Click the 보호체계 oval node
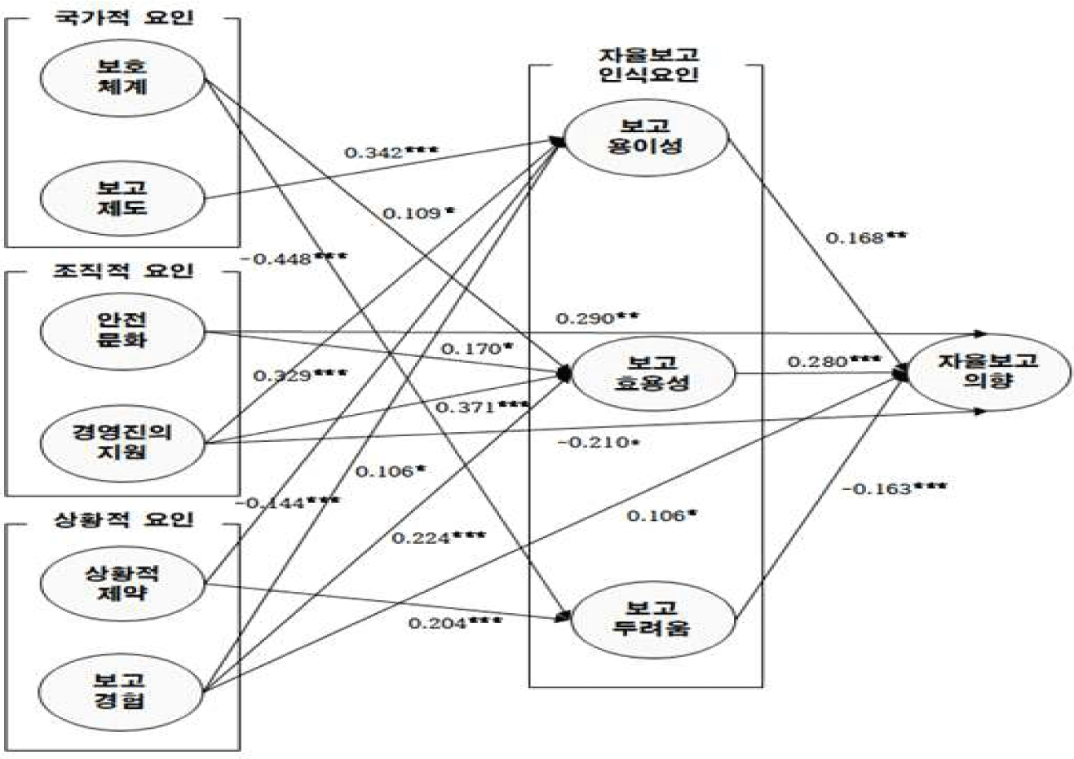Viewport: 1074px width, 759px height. click(x=122, y=77)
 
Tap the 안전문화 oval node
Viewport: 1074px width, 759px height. click(x=122, y=330)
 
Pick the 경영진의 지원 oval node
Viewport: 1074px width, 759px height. click(x=122, y=442)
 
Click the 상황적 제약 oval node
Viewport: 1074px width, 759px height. click(x=122, y=582)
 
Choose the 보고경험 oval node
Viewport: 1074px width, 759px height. click(x=122, y=690)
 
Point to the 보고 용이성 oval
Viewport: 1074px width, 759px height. click(x=645, y=136)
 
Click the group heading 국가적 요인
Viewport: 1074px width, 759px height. click(x=124, y=17)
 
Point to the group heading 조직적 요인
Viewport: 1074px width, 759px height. click(x=124, y=270)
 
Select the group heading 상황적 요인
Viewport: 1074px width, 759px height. click(x=124, y=519)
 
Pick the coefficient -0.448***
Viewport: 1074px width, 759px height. click(x=294, y=259)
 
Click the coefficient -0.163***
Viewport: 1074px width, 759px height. click(x=894, y=489)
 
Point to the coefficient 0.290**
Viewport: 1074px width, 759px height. click(x=596, y=317)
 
